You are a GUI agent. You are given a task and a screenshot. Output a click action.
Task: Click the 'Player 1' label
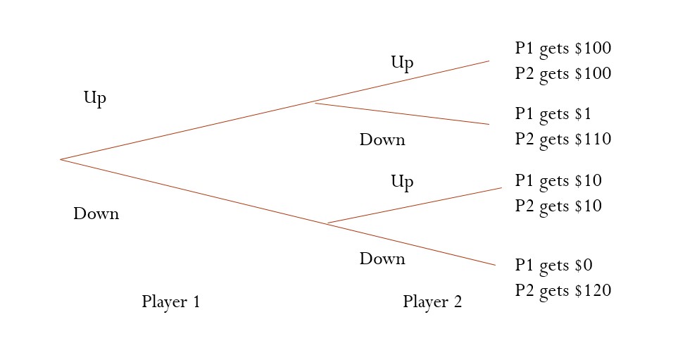[x=171, y=302]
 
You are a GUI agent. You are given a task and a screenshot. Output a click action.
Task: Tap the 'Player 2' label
[x=432, y=302]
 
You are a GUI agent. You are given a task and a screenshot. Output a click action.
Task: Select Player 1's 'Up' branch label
[x=95, y=98]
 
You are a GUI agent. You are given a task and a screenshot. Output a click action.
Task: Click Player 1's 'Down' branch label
[x=96, y=213]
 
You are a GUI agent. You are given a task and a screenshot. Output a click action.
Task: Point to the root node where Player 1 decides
[x=61, y=159]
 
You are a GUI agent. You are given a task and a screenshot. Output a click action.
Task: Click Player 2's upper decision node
[x=314, y=103]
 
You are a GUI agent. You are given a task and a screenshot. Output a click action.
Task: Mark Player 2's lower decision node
[x=328, y=223]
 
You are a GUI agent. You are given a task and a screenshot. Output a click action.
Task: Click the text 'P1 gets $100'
[x=563, y=49]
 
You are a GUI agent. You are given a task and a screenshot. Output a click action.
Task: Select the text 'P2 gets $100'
[x=563, y=74]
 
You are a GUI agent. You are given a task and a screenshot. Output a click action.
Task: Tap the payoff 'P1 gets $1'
[x=553, y=114]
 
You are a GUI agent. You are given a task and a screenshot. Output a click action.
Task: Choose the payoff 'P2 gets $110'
[x=563, y=139]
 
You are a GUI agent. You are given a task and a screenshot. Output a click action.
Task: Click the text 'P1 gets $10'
[x=558, y=181]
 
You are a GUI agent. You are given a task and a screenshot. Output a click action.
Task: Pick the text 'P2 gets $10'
[x=558, y=206]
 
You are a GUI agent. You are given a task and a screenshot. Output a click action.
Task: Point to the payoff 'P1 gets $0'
[x=553, y=266]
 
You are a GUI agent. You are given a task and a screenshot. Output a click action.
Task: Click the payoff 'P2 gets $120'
[x=563, y=290]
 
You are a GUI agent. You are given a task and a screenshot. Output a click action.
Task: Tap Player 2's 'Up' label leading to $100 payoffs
[x=402, y=63]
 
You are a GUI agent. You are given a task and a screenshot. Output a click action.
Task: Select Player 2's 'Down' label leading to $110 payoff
[x=382, y=139]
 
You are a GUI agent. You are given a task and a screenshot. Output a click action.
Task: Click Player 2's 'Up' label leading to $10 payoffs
[x=402, y=182]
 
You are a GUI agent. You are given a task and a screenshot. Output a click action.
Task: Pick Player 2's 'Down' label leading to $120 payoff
[x=382, y=259]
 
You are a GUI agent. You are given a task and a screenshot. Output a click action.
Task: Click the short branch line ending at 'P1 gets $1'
[x=401, y=114]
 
